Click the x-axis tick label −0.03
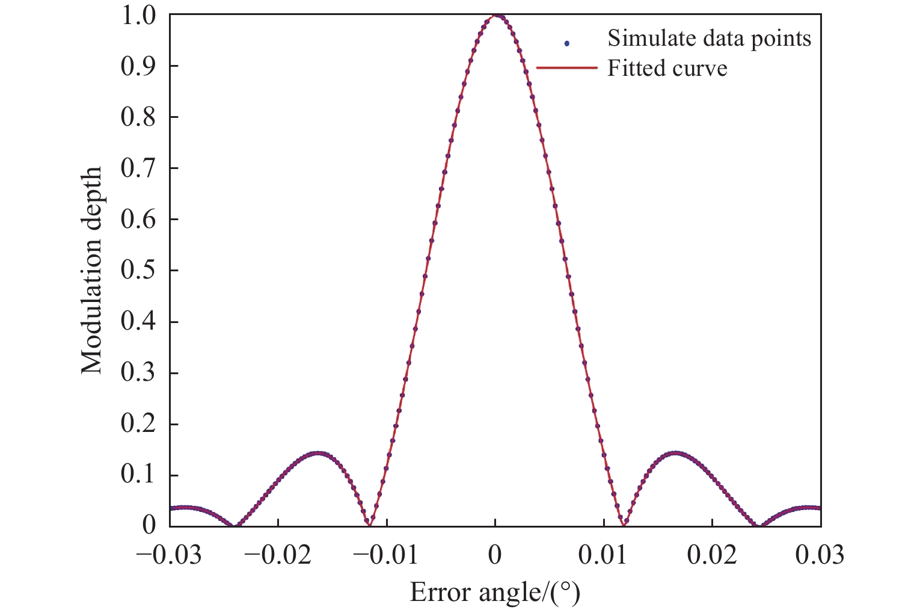coord(170,555)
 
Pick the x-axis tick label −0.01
coord(386,555)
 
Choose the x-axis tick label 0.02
coord(712,555)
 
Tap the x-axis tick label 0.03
coord(820,555)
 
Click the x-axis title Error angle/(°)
coord(495,593)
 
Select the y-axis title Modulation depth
coord(91,270)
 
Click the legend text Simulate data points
coord(709,39)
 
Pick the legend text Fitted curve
coord(667,69)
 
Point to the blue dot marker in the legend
coord(566,43)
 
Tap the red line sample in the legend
coord(566,68)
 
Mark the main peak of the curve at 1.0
coord(495,16)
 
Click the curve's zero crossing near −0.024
coord(234,525)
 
